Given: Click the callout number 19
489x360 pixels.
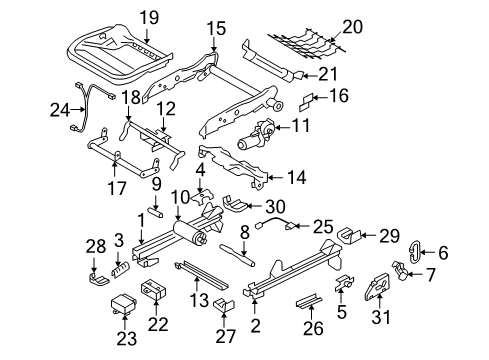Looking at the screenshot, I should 148,17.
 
